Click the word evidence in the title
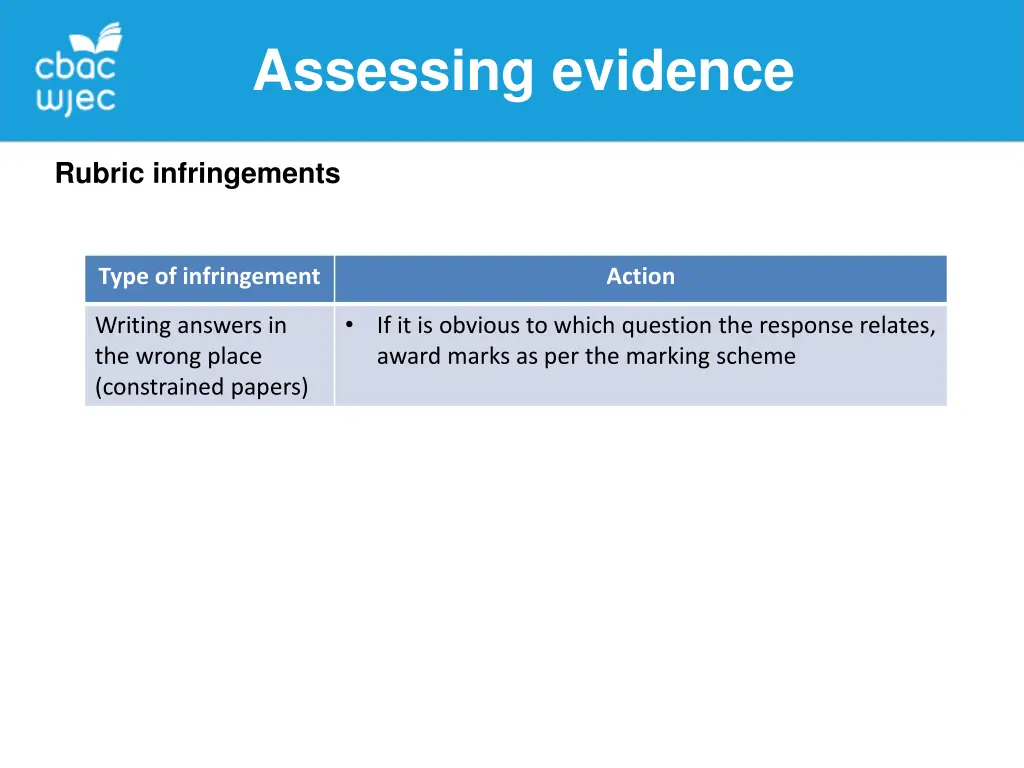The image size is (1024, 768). pyautogui.click(x=673, y=72)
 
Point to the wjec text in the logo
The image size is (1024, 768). pyautogui.click(x=76, y=101)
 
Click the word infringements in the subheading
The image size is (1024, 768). pyautogui.click(x=246, y=174)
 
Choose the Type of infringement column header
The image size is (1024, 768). pyautogui.click(x=209, y=277)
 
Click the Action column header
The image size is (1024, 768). pyautogui.click(x=640, y=277)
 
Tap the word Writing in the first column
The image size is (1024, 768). pyautogui.click(x=133, y=326)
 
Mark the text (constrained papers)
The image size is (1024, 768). pyautogui.click(x=201, y=388)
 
